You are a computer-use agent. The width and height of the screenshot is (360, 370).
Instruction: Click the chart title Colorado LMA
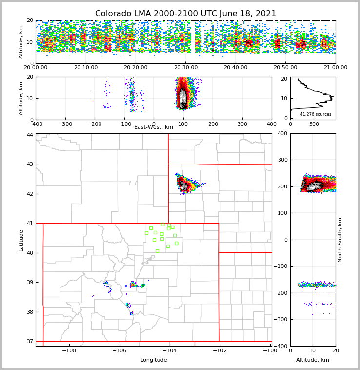pos(185,14)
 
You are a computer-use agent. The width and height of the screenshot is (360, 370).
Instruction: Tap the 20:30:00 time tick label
pos(185,67)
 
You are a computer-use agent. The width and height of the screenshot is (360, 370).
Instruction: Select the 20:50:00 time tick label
pos(285,67)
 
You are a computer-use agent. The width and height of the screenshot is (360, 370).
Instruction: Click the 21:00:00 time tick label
pos(335,67)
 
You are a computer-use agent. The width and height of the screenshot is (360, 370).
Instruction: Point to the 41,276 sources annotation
pos(316,114)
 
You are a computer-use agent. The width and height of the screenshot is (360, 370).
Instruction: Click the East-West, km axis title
pos(154,127)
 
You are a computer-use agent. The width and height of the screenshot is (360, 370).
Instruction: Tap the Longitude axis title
pos(154,360)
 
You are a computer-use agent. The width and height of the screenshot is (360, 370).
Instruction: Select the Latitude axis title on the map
pos(21,240)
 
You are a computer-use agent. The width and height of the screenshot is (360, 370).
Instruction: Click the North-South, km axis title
pos(340,240)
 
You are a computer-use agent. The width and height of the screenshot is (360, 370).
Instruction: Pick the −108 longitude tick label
pos(69,350)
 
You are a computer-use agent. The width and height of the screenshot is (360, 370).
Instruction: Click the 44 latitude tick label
pos(30,135)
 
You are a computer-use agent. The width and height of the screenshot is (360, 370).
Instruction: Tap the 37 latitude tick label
pos(30,342)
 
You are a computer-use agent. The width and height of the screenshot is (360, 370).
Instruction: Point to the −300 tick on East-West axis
pos(65,124)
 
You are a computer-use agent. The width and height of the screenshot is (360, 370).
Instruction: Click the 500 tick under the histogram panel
pos(314,124)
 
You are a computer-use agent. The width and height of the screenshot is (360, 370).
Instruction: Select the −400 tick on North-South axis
pos(281,346)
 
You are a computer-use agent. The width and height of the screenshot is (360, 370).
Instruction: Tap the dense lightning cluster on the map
pos(184,185)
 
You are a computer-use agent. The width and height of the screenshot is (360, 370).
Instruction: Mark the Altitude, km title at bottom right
pos(313,360)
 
